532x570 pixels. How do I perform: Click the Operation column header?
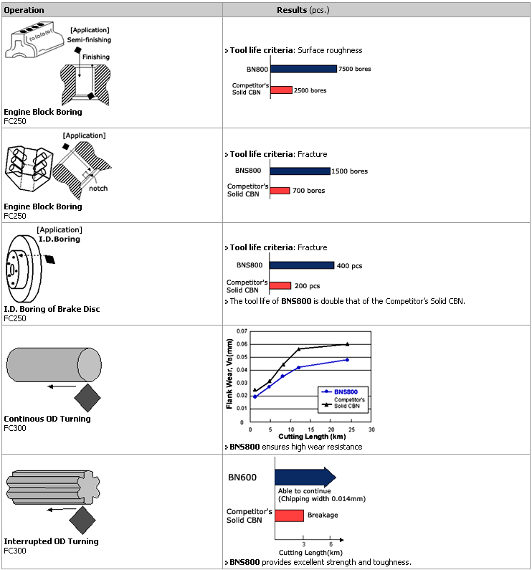click(24, 10)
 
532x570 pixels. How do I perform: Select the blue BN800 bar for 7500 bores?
click(303, 69)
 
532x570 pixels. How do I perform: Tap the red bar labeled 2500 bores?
click(281, 90)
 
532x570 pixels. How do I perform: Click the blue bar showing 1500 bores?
click(300, 171)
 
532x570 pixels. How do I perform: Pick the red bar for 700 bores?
click(280, 191)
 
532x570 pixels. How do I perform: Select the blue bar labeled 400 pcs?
click(302, 265)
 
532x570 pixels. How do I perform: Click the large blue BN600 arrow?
click(304, 477)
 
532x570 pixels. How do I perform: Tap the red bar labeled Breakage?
click(288, 516)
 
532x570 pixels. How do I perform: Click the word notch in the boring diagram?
click(99, 189)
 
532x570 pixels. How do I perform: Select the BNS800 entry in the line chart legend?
click(346, 391)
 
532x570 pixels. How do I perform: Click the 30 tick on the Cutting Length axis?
click(371, 430)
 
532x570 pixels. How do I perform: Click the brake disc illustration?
click(25, 269)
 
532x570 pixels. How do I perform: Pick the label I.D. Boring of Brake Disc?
click(52, 309)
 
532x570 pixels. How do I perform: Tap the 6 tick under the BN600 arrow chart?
click(331, 544)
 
